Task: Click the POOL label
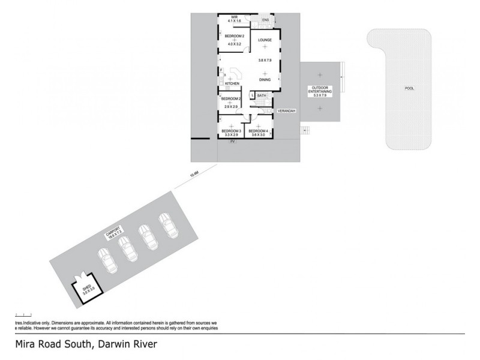[x=409, y=88]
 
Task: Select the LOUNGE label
[x=265, y=40]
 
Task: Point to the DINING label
[x=265, y=80]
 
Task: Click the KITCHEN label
[x=232, y=83]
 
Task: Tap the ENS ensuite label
[x=266, y=20]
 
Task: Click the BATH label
[x=262, y=95]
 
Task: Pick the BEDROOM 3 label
[x=231, y=131]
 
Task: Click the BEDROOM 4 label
[x=257, y=131]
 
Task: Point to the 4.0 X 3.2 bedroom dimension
[x=234, y=44]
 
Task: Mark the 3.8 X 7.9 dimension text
[x=265, y=60]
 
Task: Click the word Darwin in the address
[x=112, y=345]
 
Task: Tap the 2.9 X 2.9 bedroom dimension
[x=231, y=107]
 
